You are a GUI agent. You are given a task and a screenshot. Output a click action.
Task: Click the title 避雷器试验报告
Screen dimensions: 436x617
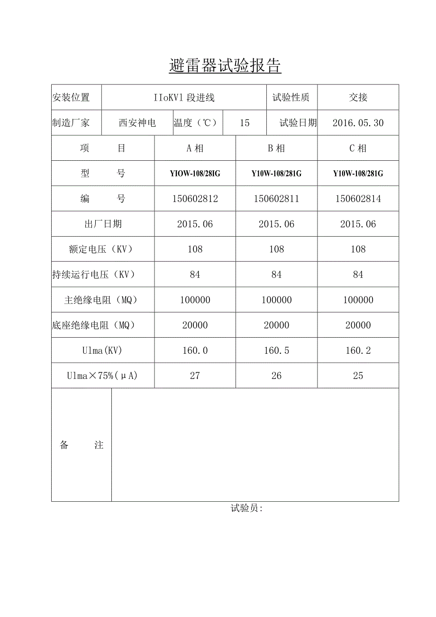[225, 66]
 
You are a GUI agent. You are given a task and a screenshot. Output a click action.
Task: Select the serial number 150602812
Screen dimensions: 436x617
[195, 199]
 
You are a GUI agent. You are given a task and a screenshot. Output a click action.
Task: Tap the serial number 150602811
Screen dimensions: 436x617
[276, 199]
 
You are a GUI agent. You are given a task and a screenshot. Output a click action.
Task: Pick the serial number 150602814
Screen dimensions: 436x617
[358, 199]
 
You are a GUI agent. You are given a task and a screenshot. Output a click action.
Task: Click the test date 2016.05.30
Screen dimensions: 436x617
[358, 123]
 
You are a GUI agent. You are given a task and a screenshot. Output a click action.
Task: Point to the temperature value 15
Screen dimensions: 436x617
[245, 123]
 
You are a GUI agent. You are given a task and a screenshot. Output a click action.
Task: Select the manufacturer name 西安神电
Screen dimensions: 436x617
[137, 123]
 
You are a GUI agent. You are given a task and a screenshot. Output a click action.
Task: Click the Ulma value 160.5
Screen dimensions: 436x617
[276, 350]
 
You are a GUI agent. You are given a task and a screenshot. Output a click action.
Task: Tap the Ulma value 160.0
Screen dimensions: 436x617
[195, 350]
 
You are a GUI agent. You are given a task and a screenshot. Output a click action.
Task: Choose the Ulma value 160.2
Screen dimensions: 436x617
[358, 350]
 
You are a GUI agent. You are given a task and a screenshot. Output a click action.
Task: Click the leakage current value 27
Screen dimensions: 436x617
[195, 376]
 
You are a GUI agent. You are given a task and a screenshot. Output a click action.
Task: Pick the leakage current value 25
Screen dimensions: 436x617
[358, 376]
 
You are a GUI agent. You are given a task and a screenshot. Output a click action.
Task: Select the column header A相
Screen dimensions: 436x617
[195, 148]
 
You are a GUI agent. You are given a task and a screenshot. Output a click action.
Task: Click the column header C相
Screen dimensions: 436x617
[358, 148]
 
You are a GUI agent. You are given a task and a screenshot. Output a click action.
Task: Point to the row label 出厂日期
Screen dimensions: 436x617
[103, 224]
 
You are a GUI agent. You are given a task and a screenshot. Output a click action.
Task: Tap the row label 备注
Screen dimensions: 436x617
[82, 445]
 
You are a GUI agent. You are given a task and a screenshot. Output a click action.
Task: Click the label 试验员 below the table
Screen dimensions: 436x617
[246, 508]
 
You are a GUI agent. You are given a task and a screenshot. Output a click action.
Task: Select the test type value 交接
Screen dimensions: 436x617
[358, 97]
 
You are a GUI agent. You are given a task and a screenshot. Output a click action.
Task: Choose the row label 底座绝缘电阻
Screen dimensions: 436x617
[94, 325]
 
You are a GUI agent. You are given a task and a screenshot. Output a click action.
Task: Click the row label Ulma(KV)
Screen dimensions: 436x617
[102, 350]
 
